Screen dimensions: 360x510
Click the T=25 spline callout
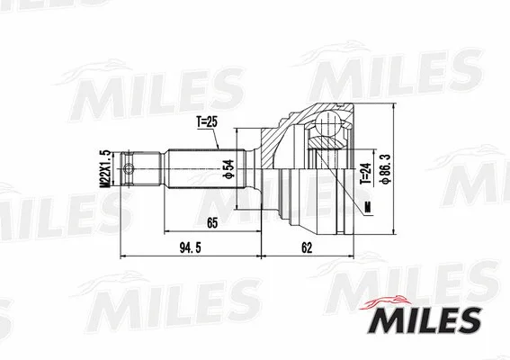[x=207, y=121]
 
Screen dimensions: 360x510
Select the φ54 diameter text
[x=228, y=166]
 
